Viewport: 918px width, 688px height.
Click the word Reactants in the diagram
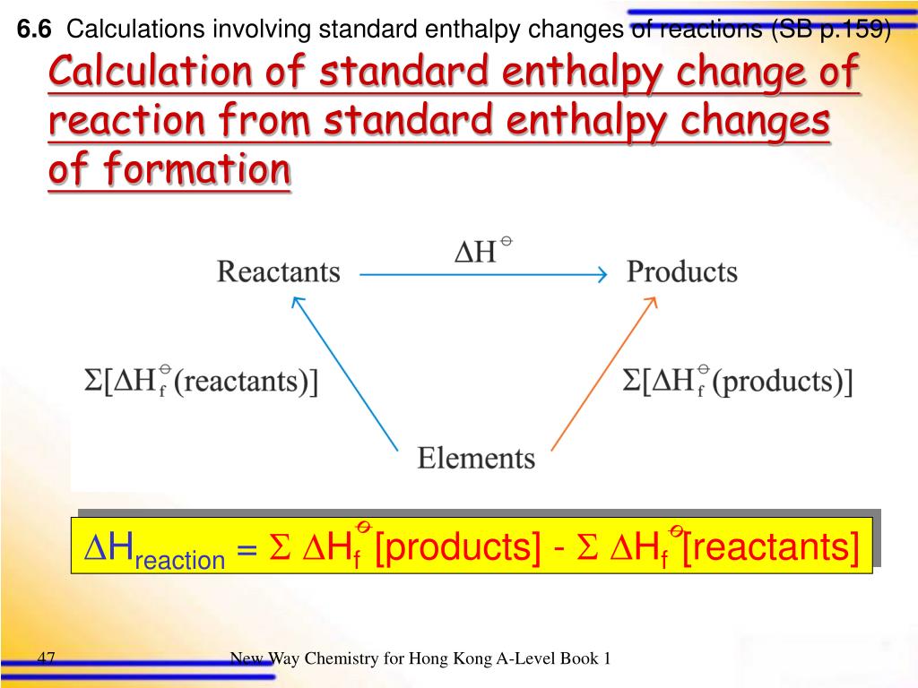[278, 271]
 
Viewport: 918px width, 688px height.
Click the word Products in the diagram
[681, 271]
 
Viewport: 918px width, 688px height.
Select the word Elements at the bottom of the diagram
[476, 459]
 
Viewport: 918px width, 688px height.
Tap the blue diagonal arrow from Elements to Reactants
[344, 374]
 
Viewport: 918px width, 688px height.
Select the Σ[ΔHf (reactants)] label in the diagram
[202, 382]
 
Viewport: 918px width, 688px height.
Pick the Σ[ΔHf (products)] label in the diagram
[737, 382]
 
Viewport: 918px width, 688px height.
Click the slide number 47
[47, 659]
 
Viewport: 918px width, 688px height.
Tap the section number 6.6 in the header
[35, 30]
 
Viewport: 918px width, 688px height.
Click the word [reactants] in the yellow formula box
[769, 547]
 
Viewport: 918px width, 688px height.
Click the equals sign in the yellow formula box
[247, 549]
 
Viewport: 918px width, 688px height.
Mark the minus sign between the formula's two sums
[559, 548]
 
